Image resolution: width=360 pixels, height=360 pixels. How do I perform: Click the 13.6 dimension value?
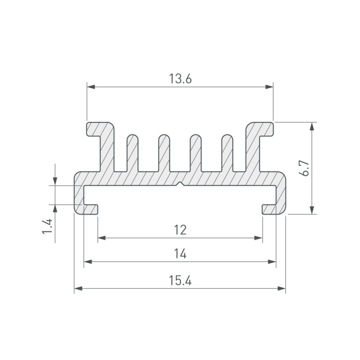pyautogui.click(x=180, y=79)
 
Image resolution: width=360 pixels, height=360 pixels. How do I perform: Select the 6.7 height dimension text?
pyautogui.click(x=305, y=168)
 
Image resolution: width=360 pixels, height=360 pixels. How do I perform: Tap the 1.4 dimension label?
pyautogui.click(x=48, y=226)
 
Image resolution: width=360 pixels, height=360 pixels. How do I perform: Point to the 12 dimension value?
pyautogui.click(x=180, y=230)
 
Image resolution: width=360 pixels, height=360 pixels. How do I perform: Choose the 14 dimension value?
pyautogui.click(x=180, y=254)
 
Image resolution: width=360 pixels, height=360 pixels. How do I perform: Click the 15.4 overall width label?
pyautogui.click(x=180, y=280)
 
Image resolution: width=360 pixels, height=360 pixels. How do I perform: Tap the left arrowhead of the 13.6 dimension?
pyautogui.click(x=91, y=87)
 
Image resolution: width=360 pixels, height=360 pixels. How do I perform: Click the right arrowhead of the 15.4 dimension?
pyautogui.click(x=282, y=288)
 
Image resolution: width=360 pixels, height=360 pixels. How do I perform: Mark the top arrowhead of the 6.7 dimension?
pyautogui.click(x=311, y=126)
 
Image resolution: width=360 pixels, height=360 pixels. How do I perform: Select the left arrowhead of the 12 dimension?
pyautogui.click(x=102, y=238)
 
